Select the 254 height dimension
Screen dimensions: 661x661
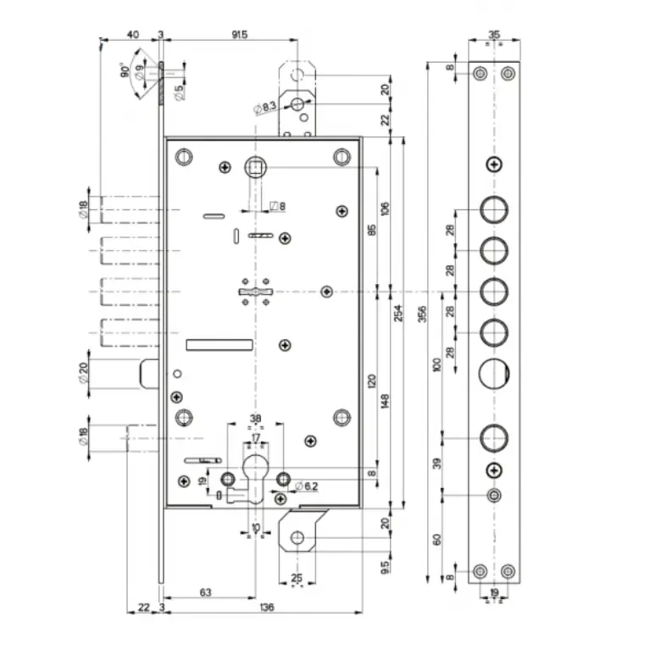coord(398,314)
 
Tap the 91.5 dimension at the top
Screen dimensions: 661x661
coord(239,35)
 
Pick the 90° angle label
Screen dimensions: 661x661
coord(125,71)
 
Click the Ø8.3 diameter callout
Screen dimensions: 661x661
coord(265,108)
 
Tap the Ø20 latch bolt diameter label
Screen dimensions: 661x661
coord(84,372)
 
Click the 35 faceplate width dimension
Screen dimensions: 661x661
coord(495,35)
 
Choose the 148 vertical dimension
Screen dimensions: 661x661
coord(385,401)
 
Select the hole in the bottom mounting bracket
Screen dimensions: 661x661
coord(297,537)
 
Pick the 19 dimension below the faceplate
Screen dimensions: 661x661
coord(495,592)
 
